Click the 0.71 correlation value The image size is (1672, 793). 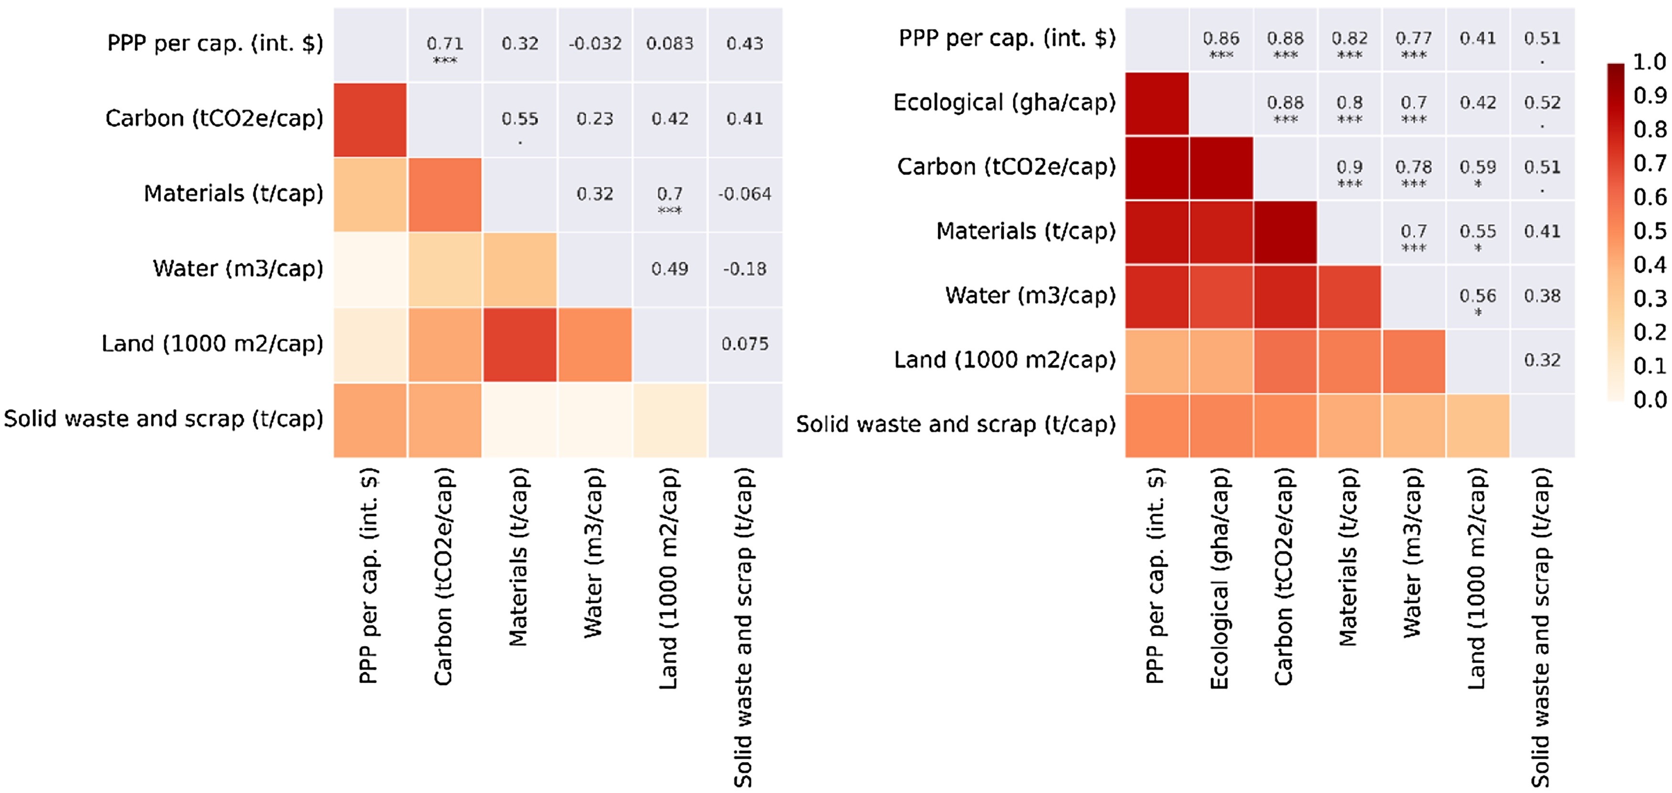tap(445, 43)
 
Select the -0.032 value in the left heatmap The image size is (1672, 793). tap(595, 43)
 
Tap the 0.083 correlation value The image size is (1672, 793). tap(670, 43)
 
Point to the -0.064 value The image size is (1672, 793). tap(744, 194)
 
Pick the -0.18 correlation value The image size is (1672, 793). tap(744, 268)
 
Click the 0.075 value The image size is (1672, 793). tap(744, 344)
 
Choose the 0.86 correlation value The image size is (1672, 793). tap(1221, 38)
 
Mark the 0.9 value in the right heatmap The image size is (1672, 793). tap(1350, 167)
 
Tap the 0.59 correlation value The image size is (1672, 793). tap(1478, 167)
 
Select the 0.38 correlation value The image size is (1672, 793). tap(1542, 296)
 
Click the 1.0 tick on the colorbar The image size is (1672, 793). tap(1649, 62)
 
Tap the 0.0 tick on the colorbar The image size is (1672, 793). tap(1649, 400)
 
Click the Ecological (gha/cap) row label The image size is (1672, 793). tap(1004, 103)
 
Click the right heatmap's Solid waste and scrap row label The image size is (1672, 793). tap(955, 424)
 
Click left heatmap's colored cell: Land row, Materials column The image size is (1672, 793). tap(519, 344)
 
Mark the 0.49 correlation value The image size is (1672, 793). tap(670, 268)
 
